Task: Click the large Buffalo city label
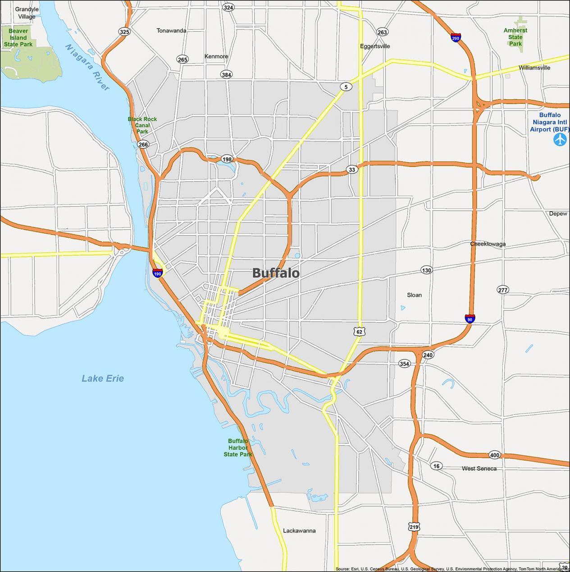[x=276, y=273]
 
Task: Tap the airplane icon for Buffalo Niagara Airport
[x=560, y=140]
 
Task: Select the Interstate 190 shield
[x=158, y=273]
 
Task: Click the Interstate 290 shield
[x=456, y=38]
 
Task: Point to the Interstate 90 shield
[x=470, y=319]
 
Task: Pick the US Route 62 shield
[x=359, y=332]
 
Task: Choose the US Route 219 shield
[x=414, y=526]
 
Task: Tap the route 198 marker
[x=227, y=159]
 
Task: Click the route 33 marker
[x=352, y=170]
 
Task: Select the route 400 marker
[x=495, y=455]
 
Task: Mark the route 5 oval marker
[x=346, y=87]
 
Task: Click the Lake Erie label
[x=103, y=378]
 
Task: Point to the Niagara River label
[x=87, y=67]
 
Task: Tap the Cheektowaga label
[x=488, y=244]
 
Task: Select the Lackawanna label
[x=299, y=530]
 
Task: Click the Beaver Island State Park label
[x=18, y=38]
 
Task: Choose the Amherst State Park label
[x=515, y=37]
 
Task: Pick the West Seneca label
[x=479, y=469]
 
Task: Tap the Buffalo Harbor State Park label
[x=238, y=447]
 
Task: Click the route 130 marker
[x=426, y=270]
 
